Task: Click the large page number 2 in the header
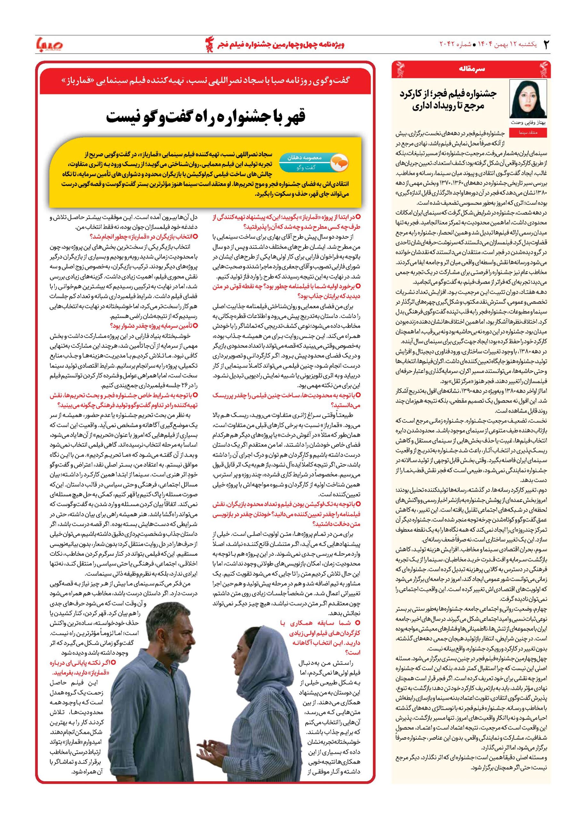[546, 45]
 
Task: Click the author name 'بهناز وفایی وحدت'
[528, 123]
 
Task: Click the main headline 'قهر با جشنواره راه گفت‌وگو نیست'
[206, 117]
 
